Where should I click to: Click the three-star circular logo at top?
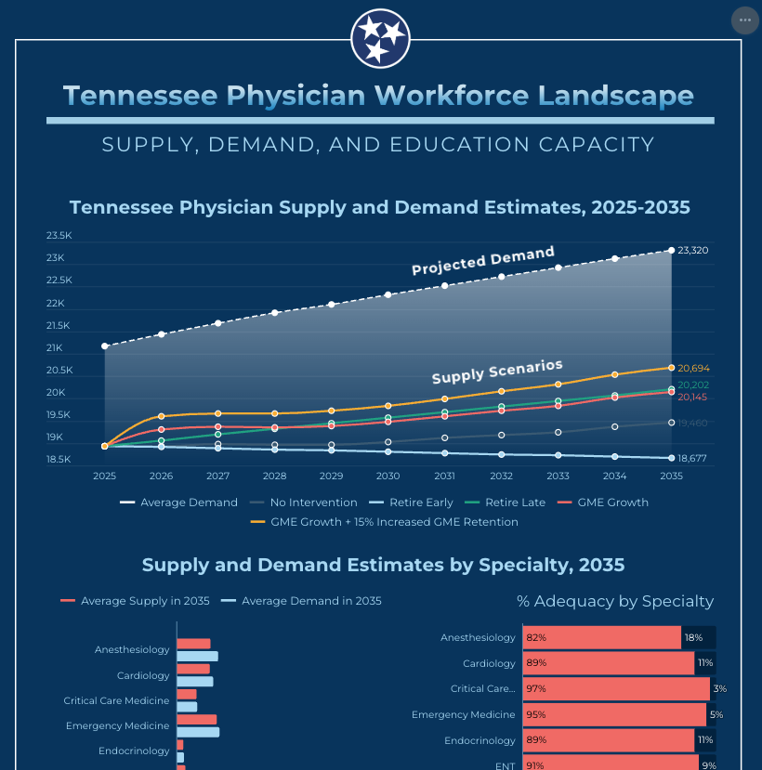380,38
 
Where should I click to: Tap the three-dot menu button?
744,20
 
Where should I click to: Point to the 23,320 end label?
694,251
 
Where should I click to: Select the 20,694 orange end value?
693,369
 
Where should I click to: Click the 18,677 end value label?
693,458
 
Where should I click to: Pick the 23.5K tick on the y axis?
59,236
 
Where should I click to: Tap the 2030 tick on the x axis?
388,476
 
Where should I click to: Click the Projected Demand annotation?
483,260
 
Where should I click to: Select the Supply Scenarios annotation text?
497,372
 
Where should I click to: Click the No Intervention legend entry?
304,502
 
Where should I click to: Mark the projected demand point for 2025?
105,346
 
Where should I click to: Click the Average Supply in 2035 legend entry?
136,601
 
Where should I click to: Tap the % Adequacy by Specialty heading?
615,602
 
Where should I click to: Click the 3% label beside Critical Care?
719,689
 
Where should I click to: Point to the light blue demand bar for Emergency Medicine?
198,732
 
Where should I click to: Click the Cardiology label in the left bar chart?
143,675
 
